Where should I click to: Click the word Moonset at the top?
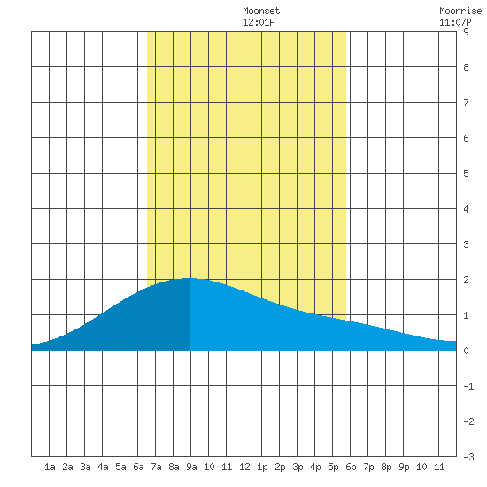point(261,11)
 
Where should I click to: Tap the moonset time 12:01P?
point(259,22)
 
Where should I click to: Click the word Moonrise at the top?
point(460,11)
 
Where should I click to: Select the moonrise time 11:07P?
point(455,22)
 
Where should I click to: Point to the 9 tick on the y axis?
point(466,32)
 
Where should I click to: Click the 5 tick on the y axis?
point(466,174)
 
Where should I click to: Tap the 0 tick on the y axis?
point(466,351)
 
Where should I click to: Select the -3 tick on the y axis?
point(468,457)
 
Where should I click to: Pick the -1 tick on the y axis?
point(468,386)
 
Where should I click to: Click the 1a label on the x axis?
point(50,467)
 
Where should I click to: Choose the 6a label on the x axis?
point(138,467)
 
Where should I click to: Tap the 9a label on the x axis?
point(191,467)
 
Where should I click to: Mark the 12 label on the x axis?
point(244,467)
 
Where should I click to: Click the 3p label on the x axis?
point(298,467)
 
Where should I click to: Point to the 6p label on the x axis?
point(351,467)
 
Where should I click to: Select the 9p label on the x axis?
point(404,467)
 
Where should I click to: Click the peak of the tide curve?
point(190,278)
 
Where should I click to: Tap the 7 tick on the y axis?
point(466,103)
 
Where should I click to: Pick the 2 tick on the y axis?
point(466,280)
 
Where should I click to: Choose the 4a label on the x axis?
point(103,467)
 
